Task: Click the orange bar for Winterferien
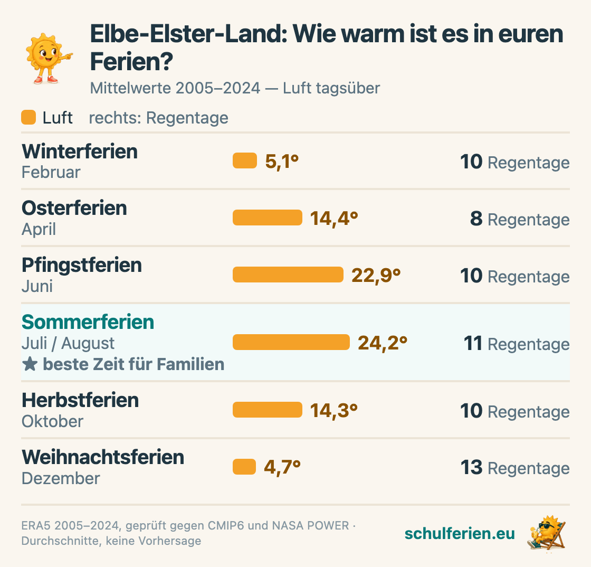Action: click(245, 160)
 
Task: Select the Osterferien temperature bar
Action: click(267, 218)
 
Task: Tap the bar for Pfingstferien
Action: click(288, 275)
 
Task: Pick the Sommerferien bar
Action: click(291, 342)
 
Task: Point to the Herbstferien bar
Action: click(267, 410)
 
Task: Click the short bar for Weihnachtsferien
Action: click(244, 467)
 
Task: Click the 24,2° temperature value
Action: click(383, 343)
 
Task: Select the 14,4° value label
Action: click(334, 218)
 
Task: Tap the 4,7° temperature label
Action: click(282, 467)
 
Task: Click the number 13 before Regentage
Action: click(472, 467)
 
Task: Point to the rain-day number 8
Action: click(476, 218)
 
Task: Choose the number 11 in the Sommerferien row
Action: click(473, 343)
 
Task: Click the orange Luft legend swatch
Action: click(28, 117)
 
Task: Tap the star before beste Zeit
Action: click(30, 364)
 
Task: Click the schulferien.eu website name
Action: click(460, 533)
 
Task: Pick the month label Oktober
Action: click(52, 421)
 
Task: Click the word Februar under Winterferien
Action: click(51, 172)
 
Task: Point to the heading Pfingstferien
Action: click(82, 265)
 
